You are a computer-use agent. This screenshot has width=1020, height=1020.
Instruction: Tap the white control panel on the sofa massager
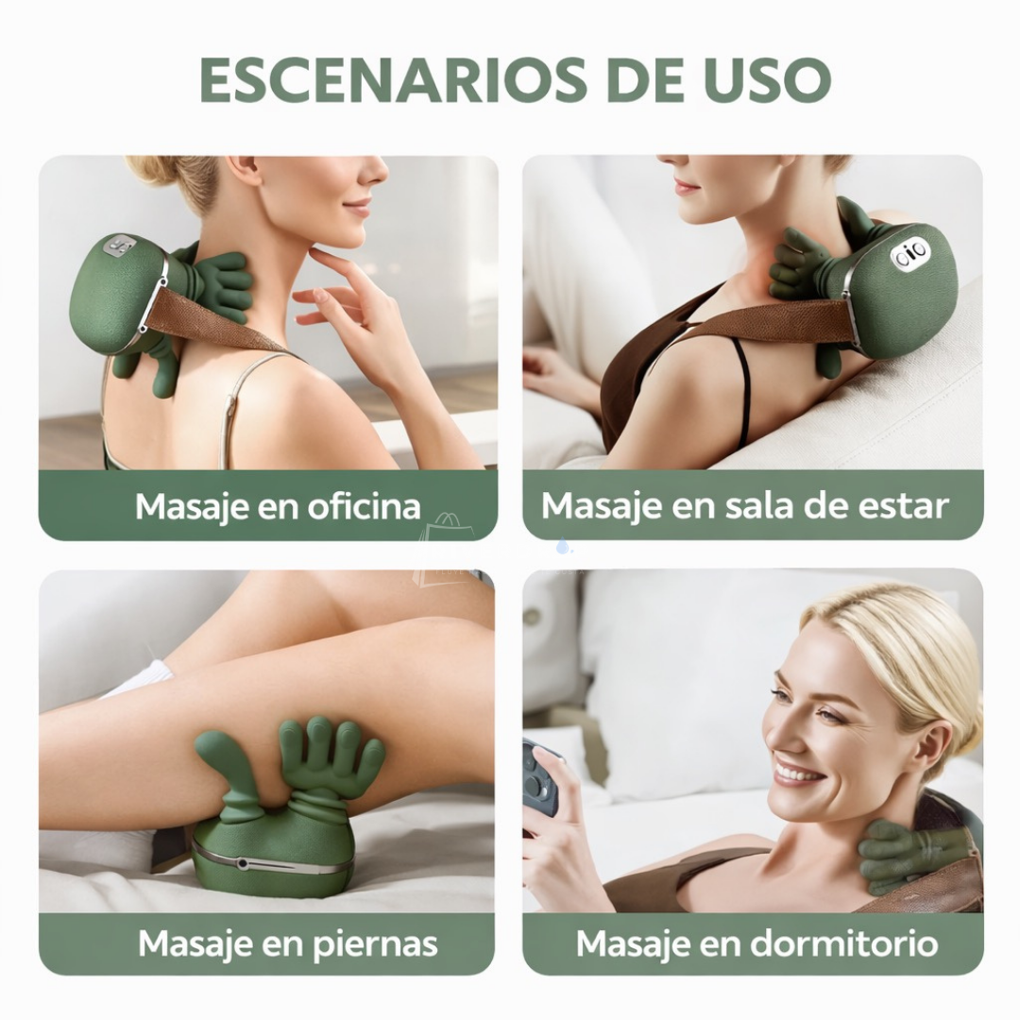point(909,253)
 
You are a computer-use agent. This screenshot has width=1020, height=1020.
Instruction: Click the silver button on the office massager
point(120,246)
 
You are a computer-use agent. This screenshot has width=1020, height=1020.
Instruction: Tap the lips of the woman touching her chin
point(357,207)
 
